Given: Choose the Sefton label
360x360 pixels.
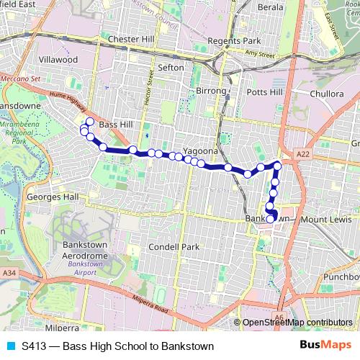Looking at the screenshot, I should pos(171,67).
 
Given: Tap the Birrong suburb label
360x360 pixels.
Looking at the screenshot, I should pos(211,91).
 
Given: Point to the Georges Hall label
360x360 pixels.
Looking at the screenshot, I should pos(52,197).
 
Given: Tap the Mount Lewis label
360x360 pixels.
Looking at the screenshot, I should pos(325,219).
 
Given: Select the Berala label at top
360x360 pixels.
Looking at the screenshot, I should pos(271,6).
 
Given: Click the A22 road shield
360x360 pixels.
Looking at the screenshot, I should pos(304,154).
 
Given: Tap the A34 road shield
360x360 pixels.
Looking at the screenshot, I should pos(9,273).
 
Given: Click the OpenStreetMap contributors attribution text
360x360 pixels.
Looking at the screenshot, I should pos(297,323).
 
